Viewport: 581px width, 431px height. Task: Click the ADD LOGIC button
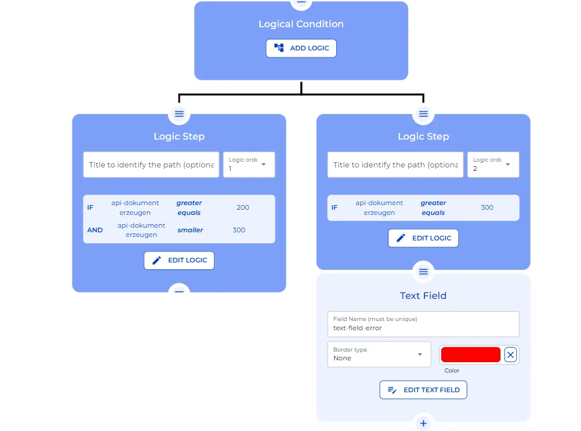(x=301, y=48)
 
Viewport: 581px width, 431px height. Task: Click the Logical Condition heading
(x=301, y=24)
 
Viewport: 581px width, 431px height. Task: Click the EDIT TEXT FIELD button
(x=423, y=390)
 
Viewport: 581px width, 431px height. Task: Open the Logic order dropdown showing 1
(x=249, y=165)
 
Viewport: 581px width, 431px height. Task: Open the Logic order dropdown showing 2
(x=493, y=165)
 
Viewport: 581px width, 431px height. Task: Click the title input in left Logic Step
(x=151, y=165)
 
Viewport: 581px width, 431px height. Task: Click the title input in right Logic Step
(x=395, y=165)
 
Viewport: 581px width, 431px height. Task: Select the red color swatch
(x=470, y=355)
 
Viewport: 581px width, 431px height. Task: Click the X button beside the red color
(x=510, y=355)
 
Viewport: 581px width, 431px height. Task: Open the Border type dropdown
(x=379, y=354)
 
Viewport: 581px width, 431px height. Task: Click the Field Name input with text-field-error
(x=423, y=324)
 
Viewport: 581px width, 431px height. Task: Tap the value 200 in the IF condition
(x=243, y=207)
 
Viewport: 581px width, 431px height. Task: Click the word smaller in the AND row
(x=190, y=230)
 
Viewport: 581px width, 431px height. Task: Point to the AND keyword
(x=95, y=230)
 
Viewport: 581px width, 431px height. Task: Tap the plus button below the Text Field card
(x=423, y=423)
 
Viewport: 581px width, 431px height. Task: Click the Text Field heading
(x=423, y=295)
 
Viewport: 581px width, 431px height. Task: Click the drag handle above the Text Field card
(x=423, y=271)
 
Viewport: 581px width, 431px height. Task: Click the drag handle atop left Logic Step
(x=179, y=114)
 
